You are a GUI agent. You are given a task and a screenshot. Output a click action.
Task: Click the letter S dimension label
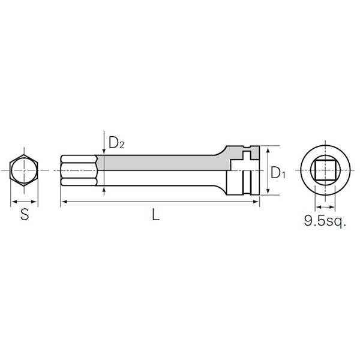(x=25, y=215)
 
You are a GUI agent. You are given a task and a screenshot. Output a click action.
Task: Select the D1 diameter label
(x=277, y=173)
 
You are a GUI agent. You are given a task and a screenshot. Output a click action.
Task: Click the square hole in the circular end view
(x=322, y=171)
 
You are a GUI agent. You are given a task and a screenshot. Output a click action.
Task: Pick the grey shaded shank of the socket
(x=162, y=163)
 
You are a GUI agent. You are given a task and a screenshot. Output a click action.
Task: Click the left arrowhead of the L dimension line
(x=63, y=203)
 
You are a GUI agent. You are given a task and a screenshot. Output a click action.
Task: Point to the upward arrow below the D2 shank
(x=104, y=190)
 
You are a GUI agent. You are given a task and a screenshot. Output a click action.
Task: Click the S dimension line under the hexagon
(x=24, y=201)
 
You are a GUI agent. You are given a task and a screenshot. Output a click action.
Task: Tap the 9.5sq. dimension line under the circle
(x=322, y=206)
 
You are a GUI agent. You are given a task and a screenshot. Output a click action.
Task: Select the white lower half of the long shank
(x=162, y=179)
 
